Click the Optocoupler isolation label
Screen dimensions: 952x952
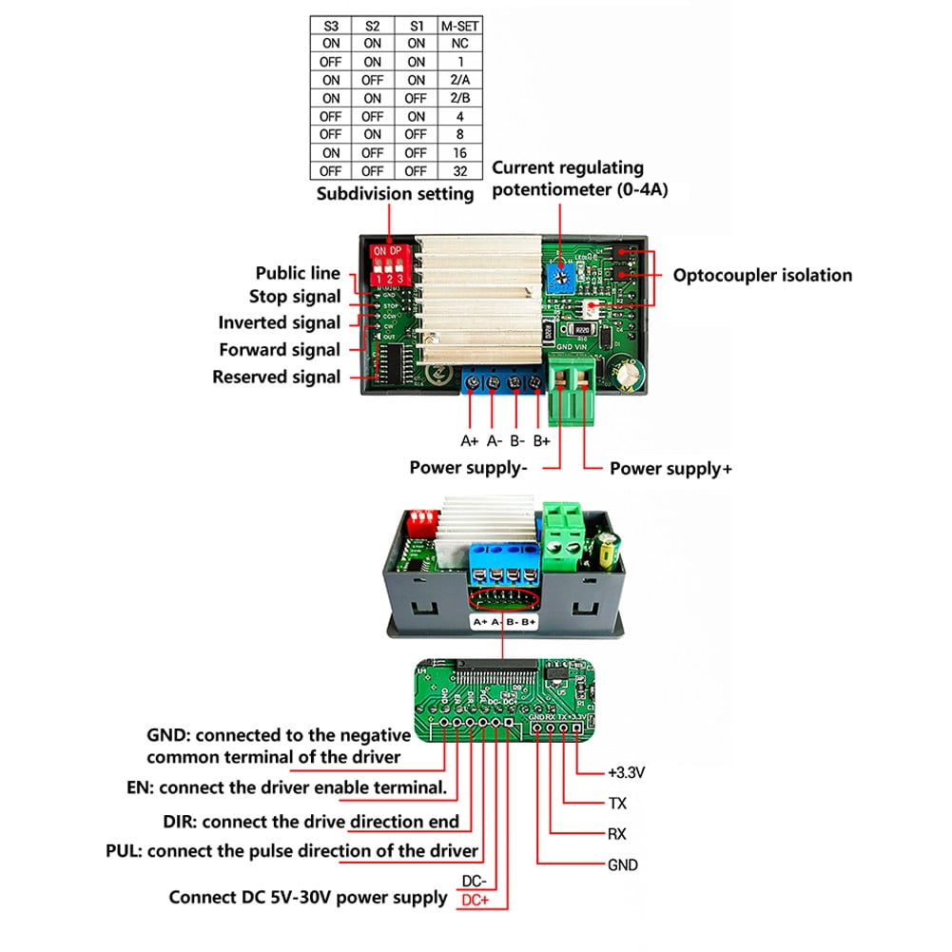pyautogui.click(x=762, y=276)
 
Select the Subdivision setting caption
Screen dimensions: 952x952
pyautogui.click(x=395, y=194)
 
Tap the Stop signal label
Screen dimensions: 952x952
pyautogui.click(x=295, y=298)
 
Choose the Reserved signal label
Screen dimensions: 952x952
pyautogui.click(x=276, y=378)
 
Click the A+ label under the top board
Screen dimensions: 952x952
pyautogui.click(x=469, y=440)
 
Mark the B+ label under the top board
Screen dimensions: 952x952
pyautogui.click(x=541, y=440)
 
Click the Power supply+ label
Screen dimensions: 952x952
pyautogui.click(x=670, y=468)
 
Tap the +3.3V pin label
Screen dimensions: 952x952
pyautogui.click(x=626, y=772)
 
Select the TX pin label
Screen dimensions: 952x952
pyautogui.click(x=617, y=804)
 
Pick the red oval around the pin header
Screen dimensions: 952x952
pyautogui.click(x=504, y=599)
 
